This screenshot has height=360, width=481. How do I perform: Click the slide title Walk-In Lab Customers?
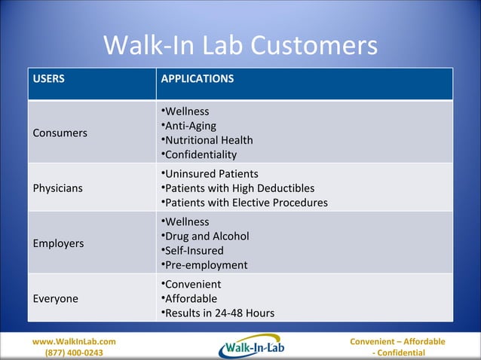point(240,47)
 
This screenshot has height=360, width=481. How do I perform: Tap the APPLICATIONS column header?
point(198,79)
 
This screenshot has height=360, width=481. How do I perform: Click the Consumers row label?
point(60,133)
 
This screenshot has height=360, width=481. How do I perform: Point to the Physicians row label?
point(58,188)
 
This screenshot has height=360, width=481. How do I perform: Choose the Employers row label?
point(59,243)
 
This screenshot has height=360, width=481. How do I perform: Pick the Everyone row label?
point(56,299)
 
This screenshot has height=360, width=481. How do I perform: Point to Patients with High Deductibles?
point(238,188)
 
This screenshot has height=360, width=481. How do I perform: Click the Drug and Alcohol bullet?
point(205,236)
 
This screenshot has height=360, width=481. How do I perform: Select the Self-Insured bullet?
point(194,251)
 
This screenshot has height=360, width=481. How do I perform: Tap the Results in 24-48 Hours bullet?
point(219,313)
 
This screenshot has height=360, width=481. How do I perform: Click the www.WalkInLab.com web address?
point(74,342)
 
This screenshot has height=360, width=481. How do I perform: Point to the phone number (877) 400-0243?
point(74,353)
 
